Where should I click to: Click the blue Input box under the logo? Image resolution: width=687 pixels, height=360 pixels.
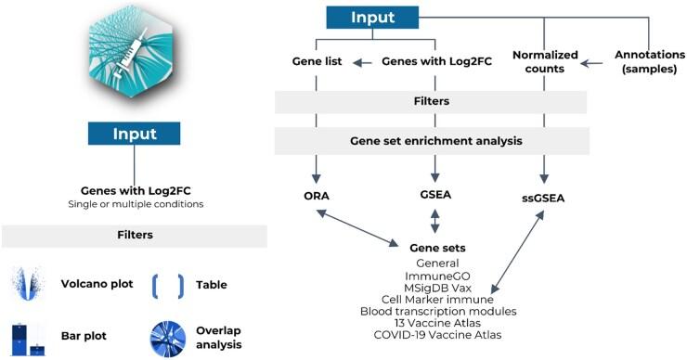click(x=134, y=133)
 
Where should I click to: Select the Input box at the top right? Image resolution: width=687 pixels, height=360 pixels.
click(x=372, y=18)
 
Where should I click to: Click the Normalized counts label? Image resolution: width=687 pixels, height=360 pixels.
click(x=542, y=62)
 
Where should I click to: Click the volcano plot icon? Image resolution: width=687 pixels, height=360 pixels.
click(x=28, y=285)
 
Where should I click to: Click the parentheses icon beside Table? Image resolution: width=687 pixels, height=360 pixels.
click(x=167, y=285)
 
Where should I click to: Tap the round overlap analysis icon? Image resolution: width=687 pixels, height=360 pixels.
click(x=167, y=338)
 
